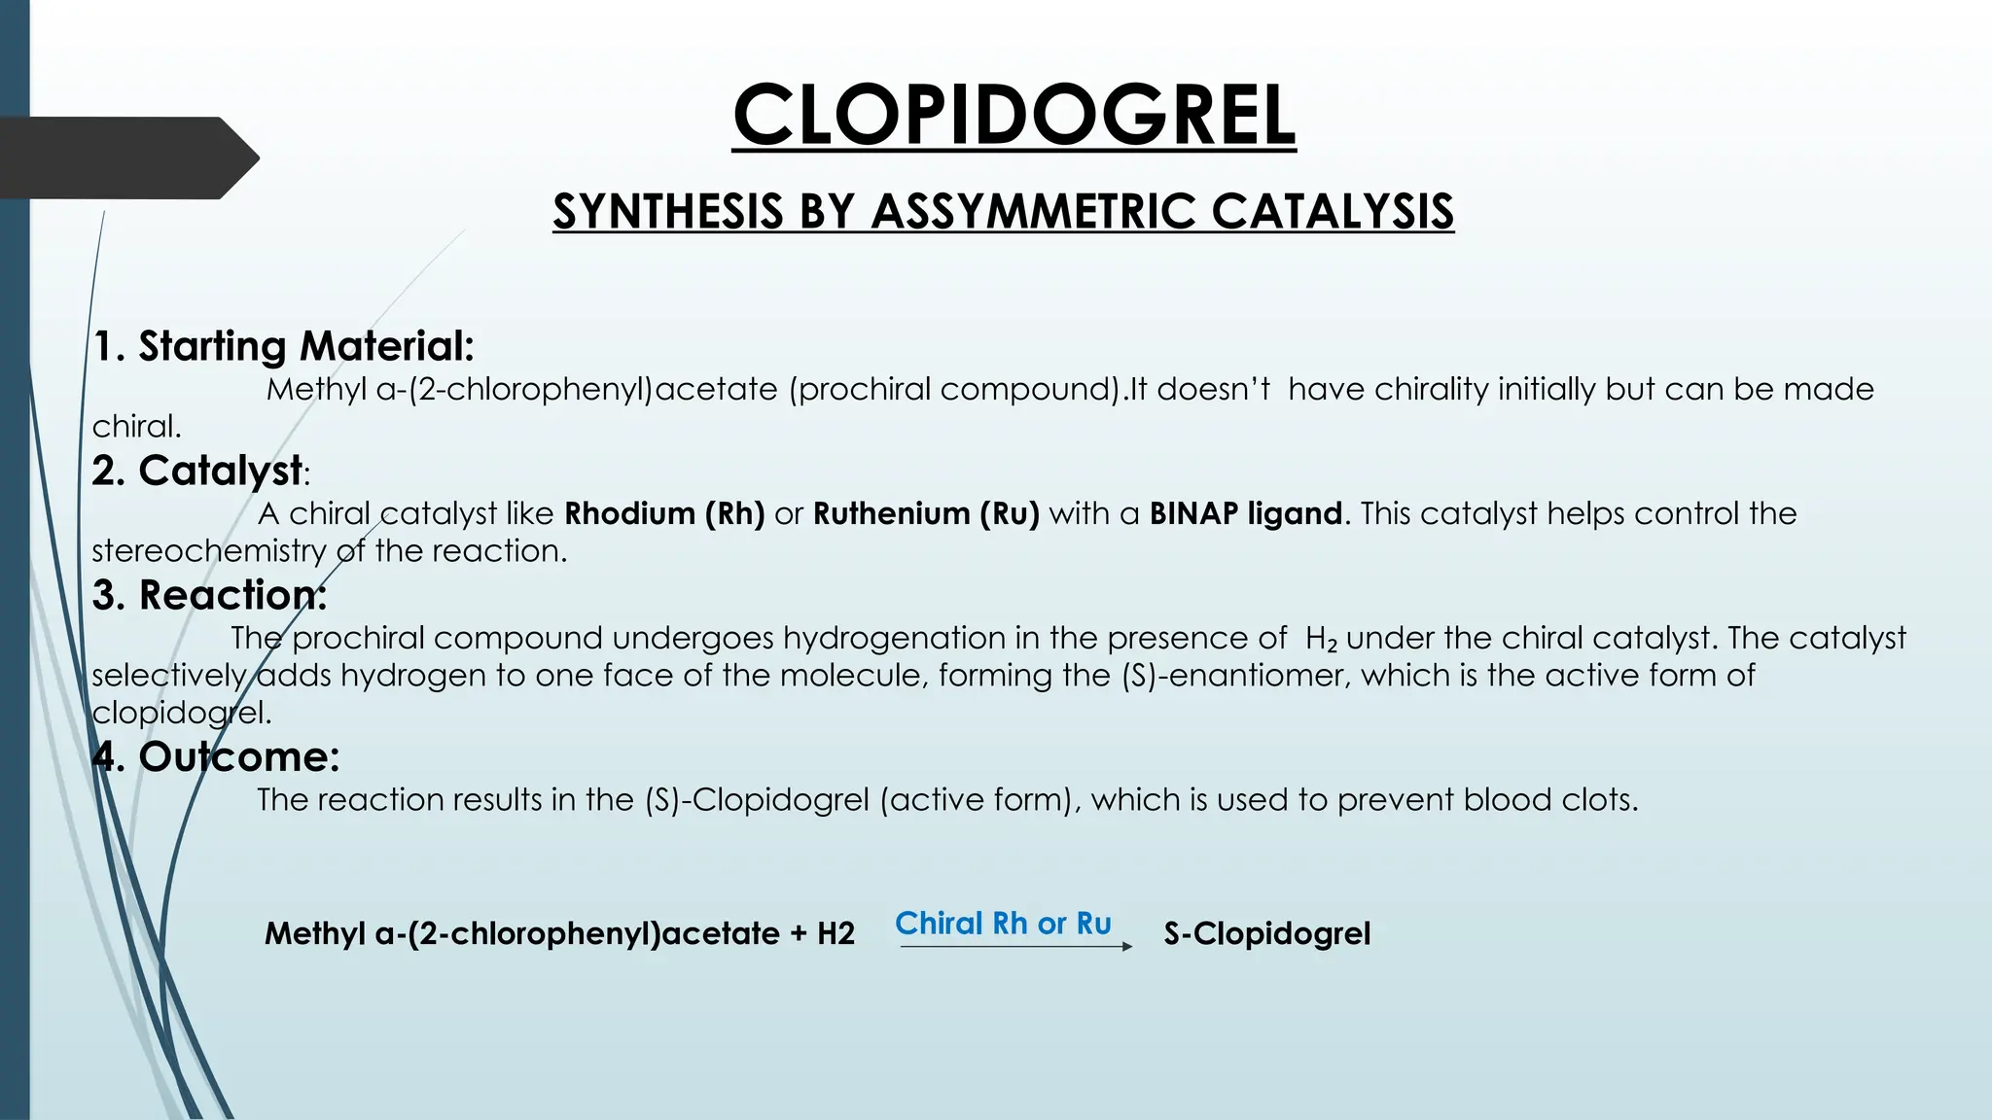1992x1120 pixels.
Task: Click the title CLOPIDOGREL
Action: (1014, 115)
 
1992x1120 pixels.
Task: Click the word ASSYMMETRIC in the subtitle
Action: (1032, 212)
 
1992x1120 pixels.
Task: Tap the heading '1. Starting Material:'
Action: (283, 346)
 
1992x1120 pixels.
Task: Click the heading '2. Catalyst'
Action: (197, 471)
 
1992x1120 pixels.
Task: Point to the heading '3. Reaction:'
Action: (209, 595)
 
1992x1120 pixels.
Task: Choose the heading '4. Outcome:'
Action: (215, 756)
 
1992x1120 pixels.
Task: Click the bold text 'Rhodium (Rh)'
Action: (664, 513)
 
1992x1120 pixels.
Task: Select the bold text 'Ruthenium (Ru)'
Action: (926, 513)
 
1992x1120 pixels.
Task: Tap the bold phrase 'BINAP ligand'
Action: (1246, 513)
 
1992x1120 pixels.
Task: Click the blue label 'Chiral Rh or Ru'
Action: (1003, 923)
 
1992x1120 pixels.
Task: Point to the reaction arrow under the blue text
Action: (1015, 946)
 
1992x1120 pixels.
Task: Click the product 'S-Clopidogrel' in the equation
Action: (1266, 933)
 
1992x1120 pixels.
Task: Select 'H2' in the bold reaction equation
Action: (836, 933)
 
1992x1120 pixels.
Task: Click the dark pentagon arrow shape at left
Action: (126, 157)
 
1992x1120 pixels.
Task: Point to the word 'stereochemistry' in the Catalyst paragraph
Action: (209, 550)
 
